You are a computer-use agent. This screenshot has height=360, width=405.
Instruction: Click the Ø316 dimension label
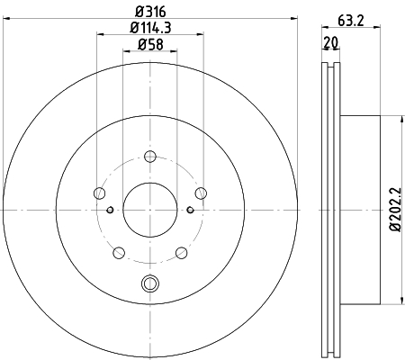point(150,12)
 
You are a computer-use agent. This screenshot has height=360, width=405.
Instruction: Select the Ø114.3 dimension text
point(150,28)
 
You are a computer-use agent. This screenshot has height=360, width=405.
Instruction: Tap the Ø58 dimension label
point(150,44)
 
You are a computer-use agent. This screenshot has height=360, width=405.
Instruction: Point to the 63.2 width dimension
point(351,21)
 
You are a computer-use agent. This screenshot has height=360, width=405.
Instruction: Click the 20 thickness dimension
point(331,42)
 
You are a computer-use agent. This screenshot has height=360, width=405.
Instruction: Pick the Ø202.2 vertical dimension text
point(395,210)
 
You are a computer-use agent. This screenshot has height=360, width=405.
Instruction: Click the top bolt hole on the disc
point(150,157)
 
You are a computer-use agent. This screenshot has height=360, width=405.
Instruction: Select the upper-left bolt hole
point(100,193)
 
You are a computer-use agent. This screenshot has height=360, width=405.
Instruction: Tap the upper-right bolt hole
point(201,193)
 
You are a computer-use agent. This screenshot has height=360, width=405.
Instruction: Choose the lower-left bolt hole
point(119,253)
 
